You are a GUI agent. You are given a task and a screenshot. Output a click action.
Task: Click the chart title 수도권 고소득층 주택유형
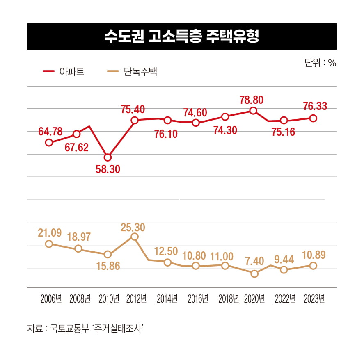coord(182,36)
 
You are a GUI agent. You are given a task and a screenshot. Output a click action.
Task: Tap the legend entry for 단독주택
coord(132,72)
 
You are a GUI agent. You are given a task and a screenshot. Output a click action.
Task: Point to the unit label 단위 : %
coord(320,63)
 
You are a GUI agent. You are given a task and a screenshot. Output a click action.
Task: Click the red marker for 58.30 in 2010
coord(108,157)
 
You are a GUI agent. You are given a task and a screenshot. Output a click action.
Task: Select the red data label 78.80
coord(252,100)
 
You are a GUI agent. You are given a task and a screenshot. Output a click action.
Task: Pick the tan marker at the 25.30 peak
coord(134,237)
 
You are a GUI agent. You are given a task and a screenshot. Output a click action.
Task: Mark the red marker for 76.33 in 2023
coord(313,118)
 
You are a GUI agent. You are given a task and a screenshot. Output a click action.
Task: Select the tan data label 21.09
coord(50,233)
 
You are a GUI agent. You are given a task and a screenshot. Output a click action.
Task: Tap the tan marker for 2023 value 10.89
coord(313,266)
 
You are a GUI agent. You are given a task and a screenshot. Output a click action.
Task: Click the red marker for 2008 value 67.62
coord(76,134)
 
